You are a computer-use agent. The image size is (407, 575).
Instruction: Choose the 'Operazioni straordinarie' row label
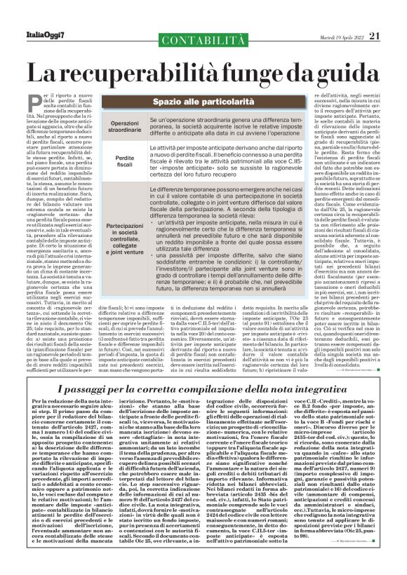[x=124, y=128]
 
